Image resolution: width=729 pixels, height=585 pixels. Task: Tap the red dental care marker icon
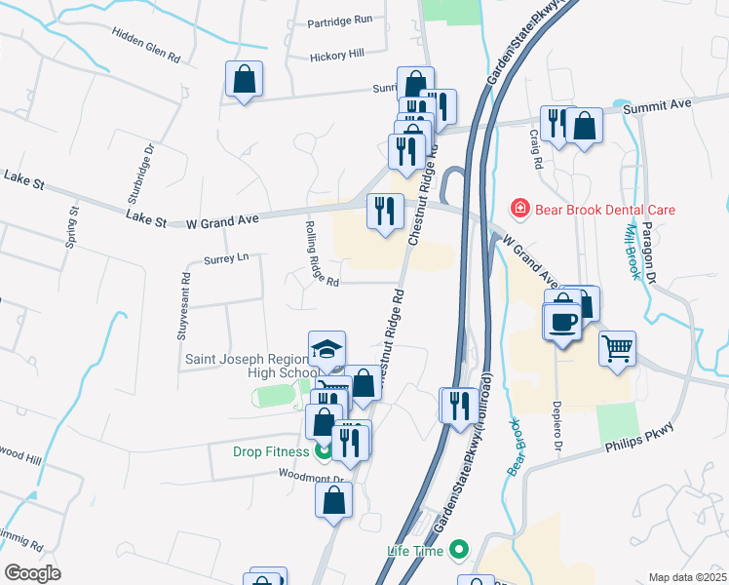tap(520, 210)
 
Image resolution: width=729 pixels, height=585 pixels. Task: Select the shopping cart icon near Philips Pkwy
tap(618, 347)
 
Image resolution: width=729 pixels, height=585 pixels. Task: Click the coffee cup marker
tap(563, 321)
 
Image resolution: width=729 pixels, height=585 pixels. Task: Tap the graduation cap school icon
tap(327, 348)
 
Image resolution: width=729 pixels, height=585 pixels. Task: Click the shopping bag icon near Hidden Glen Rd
tap(244, 79)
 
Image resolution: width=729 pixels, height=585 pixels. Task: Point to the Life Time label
tap(415, 552)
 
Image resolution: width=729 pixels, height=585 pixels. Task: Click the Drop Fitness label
tap(270, 451)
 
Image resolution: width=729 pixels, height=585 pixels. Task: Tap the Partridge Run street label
tap(340, 19)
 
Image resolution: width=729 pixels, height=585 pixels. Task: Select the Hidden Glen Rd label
tap(147, 52)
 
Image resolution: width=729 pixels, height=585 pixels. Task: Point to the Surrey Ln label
tap(227, 258)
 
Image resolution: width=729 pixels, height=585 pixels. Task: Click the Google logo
tap(32, 573)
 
